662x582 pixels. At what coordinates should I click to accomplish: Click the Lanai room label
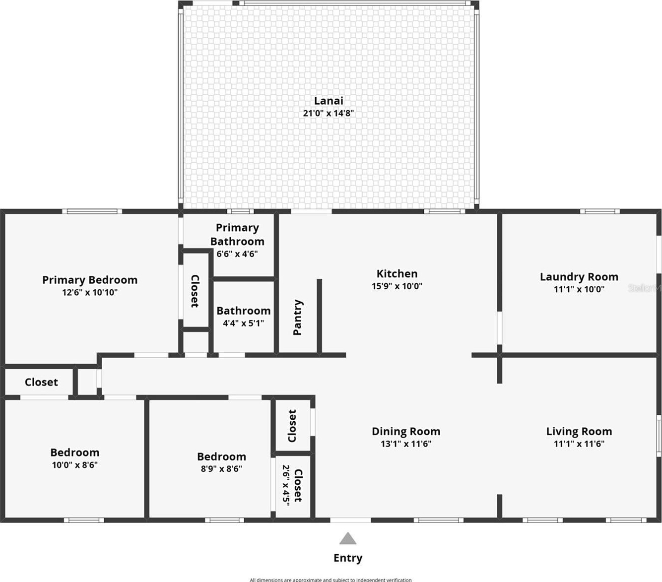click(x=329, y=101)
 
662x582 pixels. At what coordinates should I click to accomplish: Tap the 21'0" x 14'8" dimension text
click(x=329, y=113)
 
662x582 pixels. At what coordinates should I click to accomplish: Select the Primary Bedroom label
click(x=90, y=280)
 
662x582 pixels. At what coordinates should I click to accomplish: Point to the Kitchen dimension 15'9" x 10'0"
click(x=397, y=286)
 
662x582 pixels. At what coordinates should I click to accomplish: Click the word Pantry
click(x=297, y=318)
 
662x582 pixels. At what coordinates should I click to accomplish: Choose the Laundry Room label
click(x=579, y=277)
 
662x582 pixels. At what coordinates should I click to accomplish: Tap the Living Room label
click(x=579, y=431)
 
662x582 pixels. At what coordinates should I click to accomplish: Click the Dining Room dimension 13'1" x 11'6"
click(x=406, y=444)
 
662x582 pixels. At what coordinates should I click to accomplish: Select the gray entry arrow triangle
click(x=348, y=538)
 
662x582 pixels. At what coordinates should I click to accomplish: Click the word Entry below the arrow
click(x=348, y=558)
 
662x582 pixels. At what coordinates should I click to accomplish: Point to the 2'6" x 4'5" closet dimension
click(x=286, y=485)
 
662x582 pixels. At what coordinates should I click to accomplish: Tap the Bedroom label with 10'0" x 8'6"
click(x=75, y=453)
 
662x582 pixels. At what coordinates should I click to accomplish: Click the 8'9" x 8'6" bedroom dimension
click(x=221, y=468)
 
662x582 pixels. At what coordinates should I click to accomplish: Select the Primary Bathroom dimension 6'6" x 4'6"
click(x=237, y=254)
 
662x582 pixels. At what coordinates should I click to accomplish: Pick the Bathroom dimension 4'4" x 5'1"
click(x=244, y=323)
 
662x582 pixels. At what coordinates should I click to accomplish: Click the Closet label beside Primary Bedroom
click(x=195, y=291)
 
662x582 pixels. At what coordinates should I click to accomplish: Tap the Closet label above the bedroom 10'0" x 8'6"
click(x=41, y=382)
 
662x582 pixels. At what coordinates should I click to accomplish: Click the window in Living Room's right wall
click(x=659, y=436)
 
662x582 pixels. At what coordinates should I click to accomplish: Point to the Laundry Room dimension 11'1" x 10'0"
click(x=579, y=289)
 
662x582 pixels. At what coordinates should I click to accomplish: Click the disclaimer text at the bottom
click(x=331, y=580)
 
